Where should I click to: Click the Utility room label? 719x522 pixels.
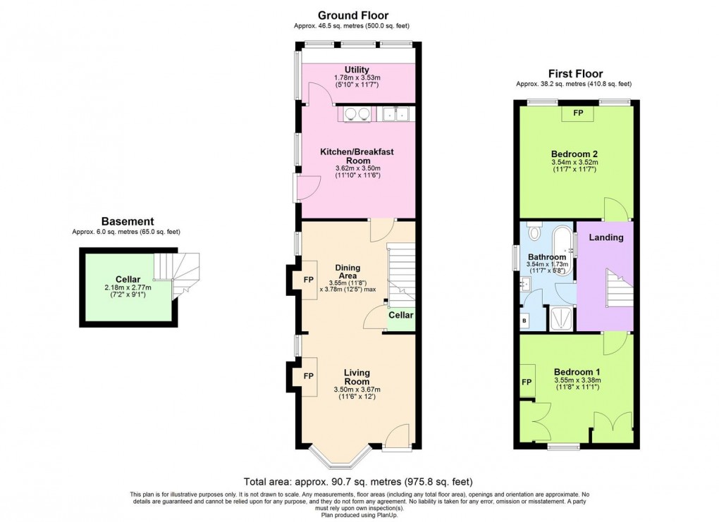tap(357, 69)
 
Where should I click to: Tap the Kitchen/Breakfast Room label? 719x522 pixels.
tap(357, 156)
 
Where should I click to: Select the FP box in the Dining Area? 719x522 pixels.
tap(308, 280)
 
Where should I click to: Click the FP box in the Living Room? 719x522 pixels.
tap(308, 376)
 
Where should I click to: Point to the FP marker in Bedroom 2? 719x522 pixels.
tap(577, 113)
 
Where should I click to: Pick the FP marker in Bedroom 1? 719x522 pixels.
tap(526, 383)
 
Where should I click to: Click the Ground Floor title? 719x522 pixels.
tap(352, 15)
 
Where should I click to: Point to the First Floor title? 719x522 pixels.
tap(575, 73)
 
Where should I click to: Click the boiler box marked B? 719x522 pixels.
tap(524, 321)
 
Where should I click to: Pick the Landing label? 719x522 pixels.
tap(606, 237)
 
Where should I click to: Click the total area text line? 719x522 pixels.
tap(358, 482)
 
